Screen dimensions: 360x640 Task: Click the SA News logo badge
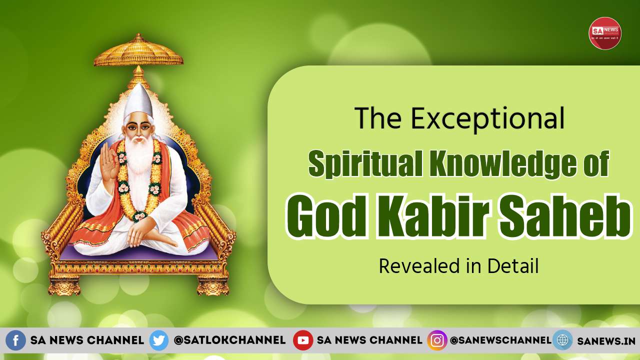point(604,33)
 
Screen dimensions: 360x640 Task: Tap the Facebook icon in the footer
point(15,340)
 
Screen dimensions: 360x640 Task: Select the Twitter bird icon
point(159,340)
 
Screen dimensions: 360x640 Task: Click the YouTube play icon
point(303,340)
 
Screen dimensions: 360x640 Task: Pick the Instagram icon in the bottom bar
point(437,340)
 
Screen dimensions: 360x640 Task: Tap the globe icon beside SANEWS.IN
point(562,340)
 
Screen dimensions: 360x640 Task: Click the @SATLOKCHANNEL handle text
point(229,340)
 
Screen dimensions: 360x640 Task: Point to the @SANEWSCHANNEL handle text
point(500,340)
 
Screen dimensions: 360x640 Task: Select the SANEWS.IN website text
point(606,341)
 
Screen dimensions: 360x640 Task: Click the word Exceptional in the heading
point(487,120)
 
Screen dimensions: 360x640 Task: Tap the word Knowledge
point(499,164)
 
